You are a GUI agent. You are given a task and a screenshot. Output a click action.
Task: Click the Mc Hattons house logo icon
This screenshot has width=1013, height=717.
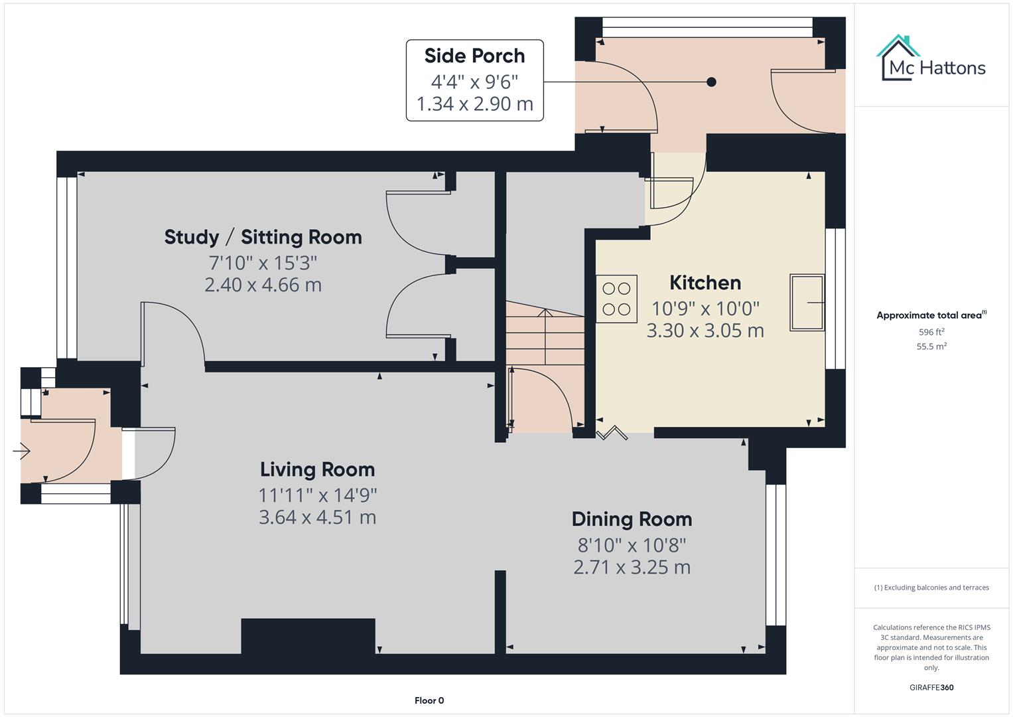[898, 58]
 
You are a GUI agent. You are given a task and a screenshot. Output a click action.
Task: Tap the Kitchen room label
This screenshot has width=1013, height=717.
[705, 283]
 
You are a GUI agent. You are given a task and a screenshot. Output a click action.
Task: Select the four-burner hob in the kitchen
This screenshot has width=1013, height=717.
[616, 299]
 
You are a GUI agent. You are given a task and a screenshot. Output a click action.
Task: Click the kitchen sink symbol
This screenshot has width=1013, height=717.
[807, 303]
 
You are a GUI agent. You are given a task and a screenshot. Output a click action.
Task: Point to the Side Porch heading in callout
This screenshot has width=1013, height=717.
[474, 56]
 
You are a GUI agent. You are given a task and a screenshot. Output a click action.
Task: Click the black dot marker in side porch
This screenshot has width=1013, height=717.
[711, 82]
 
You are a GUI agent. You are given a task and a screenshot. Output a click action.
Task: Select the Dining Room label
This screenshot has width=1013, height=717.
[632, 519]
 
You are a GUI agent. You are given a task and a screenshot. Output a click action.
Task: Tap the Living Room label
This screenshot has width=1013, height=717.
[317, 470]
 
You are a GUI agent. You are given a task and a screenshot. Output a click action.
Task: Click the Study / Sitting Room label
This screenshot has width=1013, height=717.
[263, 237]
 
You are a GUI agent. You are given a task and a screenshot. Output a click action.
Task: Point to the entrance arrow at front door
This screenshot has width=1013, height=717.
[21, 451]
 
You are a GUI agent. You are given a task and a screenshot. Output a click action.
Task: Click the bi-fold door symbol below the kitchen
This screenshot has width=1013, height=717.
[612, 434]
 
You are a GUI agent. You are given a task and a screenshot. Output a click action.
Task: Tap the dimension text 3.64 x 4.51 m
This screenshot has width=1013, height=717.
[317, 517]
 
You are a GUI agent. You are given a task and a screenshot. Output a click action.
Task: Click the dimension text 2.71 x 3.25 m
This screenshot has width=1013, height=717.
[632, 568]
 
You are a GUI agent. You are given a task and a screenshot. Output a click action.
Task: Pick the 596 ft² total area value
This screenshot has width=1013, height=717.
[931, 332]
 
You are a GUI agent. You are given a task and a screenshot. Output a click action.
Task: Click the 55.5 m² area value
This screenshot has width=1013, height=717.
[931, 347]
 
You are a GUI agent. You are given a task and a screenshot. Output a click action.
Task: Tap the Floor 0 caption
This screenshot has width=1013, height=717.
[429, 700]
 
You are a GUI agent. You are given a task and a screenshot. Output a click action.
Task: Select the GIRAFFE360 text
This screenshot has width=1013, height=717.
[931, 687]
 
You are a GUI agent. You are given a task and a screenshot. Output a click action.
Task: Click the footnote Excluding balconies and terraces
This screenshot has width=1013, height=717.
[931, 588]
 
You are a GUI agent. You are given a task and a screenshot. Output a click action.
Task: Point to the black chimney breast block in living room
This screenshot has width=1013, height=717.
[308, 636]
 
